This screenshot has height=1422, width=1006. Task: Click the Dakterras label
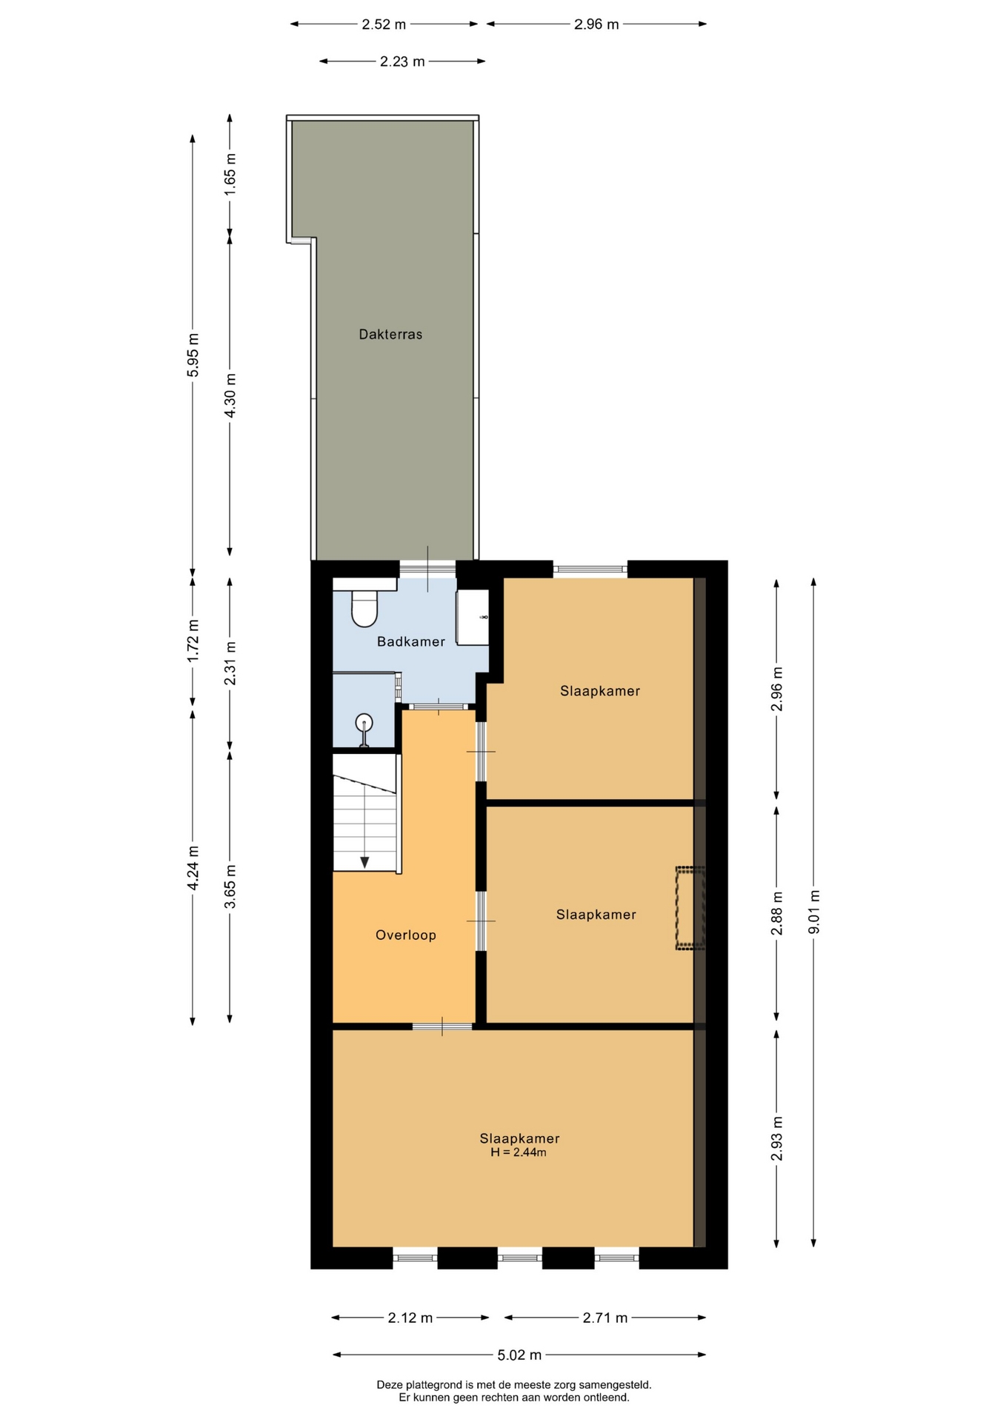tap(390, 334)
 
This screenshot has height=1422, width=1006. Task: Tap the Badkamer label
tap(411, 641)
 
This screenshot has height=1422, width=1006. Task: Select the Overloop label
tap(406, 935)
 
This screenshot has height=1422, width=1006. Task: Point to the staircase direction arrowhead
tap(364, 862)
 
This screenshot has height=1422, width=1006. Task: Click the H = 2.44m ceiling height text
tap(519, 1152)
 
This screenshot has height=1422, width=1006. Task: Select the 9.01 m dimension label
tap(814, 912)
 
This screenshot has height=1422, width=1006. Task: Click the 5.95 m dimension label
tap(193, 355)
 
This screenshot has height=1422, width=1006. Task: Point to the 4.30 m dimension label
tap(230, 394)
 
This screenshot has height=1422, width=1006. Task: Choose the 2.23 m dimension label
tap(402, 61)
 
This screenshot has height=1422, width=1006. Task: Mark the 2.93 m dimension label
tap(777, 1138)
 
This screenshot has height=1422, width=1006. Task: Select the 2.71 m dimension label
tap(605, 1318)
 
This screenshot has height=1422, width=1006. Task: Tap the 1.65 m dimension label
tap(230, 174)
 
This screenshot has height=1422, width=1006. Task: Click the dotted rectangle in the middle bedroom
tap(690, 907)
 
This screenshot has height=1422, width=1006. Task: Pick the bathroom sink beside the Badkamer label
tap(473, 616)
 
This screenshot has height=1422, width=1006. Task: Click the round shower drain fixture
tap(364, 721)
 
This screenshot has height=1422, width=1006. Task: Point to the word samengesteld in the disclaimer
tap(615, 1384)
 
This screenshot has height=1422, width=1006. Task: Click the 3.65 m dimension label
tap(230, 886)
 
